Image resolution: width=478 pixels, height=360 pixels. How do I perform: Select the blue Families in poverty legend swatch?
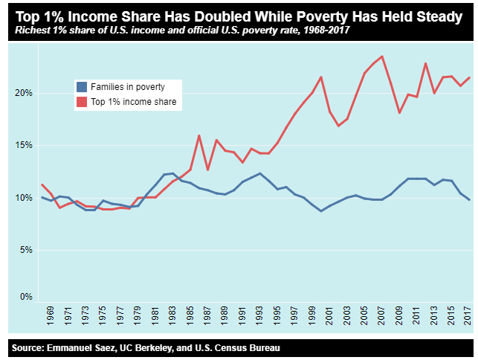click(x=81, y=87)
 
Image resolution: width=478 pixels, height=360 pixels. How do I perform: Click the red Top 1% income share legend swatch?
click(x=81, y=102)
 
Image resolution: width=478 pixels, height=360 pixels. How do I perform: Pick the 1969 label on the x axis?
click(x=51, y=314)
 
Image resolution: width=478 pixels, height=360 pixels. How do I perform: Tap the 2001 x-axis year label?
click(x=329, y=314)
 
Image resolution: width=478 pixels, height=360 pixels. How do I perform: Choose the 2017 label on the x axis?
click(x=469, y=314)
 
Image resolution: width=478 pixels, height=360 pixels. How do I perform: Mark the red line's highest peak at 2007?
click(x=381, y=57)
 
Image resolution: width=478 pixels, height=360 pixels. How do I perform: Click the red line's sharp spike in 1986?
click(x=199, y=135)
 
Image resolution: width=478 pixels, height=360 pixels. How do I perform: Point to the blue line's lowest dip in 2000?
click(x=321, y=211)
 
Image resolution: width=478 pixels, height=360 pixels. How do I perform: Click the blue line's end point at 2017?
click(x=469, y=199)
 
